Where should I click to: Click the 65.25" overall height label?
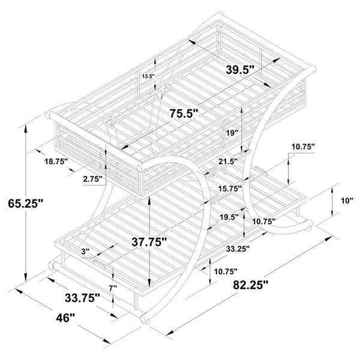pyautogui.click(x=25, y=203)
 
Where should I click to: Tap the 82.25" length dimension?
pyautogui.click(x=250, y=285)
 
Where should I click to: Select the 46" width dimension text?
pyautogui.click(x=65, y=318)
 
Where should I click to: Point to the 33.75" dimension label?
pyautogui.click(x=82, y=298)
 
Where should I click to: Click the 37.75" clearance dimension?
pyautogui.click(x=149, y=242)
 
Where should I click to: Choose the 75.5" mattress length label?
pyautogui.click(x=184, y=113)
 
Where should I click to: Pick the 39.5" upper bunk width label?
pyautogui.click(x=240, y=70)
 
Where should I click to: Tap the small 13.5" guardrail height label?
pyautogui.click(x=148, y=76)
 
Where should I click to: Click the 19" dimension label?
pyautogui.click(x=232, y=133)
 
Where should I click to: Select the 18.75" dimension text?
pyautogui.click(x=56, y=161)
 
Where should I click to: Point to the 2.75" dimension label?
pyautogui.click(x=93, y=179)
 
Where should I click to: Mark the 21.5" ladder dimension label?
pyautogui.click(x=228, y=161)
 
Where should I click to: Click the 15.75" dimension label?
pyautogui.click(x=230, y=189)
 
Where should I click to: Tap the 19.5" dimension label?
pyautogui.click(x=229, y=217)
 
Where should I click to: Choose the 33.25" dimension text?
pyautogui.click(x=238, y=248)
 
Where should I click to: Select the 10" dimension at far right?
pyautogui.click(x=347, y=201)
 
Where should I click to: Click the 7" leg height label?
pyautogui.click(x=113, y=288)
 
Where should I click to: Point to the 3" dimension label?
pyautogui.click(x=85, y=252)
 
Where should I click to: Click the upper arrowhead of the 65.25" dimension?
pyautogui.click(x=25, y=128)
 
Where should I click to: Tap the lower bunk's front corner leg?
pyautogui.click(x=136, y=302)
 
